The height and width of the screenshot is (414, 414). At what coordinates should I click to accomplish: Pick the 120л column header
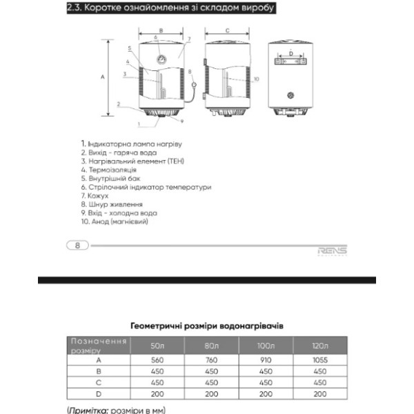coord(320,346)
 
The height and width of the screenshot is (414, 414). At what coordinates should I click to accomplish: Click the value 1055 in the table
coord(320,360)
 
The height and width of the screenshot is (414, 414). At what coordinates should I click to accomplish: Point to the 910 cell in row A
coord(266,360)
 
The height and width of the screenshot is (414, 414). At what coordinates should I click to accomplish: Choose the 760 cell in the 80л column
coord(212,360)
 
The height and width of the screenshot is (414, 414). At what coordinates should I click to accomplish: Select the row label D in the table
coord(99,393)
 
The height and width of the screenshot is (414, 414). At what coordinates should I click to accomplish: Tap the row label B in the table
coord(99,371)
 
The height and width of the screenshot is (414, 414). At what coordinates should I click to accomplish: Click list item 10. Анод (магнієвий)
coord(115,221)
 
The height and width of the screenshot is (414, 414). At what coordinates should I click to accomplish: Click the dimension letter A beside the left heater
coord(102,77)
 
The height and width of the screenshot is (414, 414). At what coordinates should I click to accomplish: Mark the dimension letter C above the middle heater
coord(227,30)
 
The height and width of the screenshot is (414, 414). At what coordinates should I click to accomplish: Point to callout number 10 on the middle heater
coord(256,79)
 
